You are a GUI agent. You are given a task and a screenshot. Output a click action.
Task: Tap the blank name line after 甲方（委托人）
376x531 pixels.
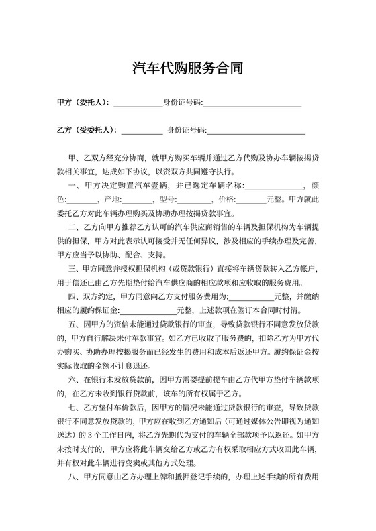coord(138,103)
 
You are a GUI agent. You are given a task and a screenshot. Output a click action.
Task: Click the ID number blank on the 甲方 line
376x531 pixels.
coord(252,103)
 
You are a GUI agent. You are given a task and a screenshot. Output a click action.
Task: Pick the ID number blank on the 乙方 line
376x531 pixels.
coord(256,131)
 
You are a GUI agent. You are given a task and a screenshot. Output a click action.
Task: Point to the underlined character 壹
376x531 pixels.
coord(154,186)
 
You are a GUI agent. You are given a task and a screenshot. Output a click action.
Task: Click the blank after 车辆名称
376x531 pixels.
coord(279,186)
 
